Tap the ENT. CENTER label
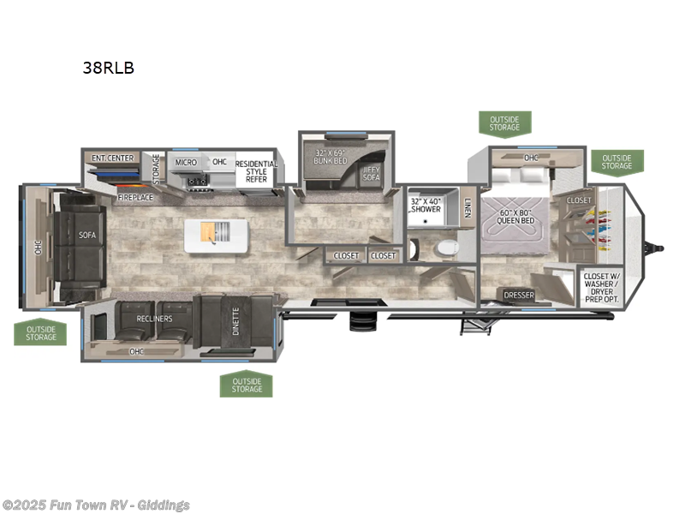[x=113, y=158]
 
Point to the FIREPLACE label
[x=134, y=196]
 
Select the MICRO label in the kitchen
[x=186, y=162]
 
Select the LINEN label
[x=468, y=206]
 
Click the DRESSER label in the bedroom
[x=519, y=296]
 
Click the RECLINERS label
[x=154, y=319]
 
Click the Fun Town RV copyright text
[x=96, y=505]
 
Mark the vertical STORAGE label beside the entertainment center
[x=157, y=168]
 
